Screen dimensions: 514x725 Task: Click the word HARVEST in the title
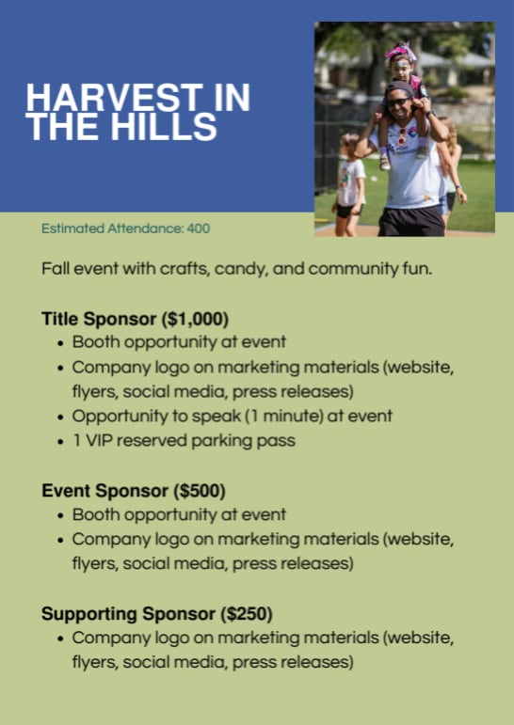tap(113, 98)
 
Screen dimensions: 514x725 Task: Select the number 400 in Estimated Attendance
tap(199, 229)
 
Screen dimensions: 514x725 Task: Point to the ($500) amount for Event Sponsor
tap(200, 491)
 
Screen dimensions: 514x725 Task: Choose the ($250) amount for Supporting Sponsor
tap(247, 614)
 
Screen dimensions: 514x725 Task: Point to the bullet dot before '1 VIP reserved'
tap(60, 442)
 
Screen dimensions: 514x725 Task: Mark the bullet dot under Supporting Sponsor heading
tap(60, 639)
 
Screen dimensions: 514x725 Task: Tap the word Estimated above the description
tap(72, 229)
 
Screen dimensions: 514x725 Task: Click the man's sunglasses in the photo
tap(398, 102)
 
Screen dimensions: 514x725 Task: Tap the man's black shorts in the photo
tap(411, 222)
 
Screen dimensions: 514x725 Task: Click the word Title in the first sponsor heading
tap(60, 320)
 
